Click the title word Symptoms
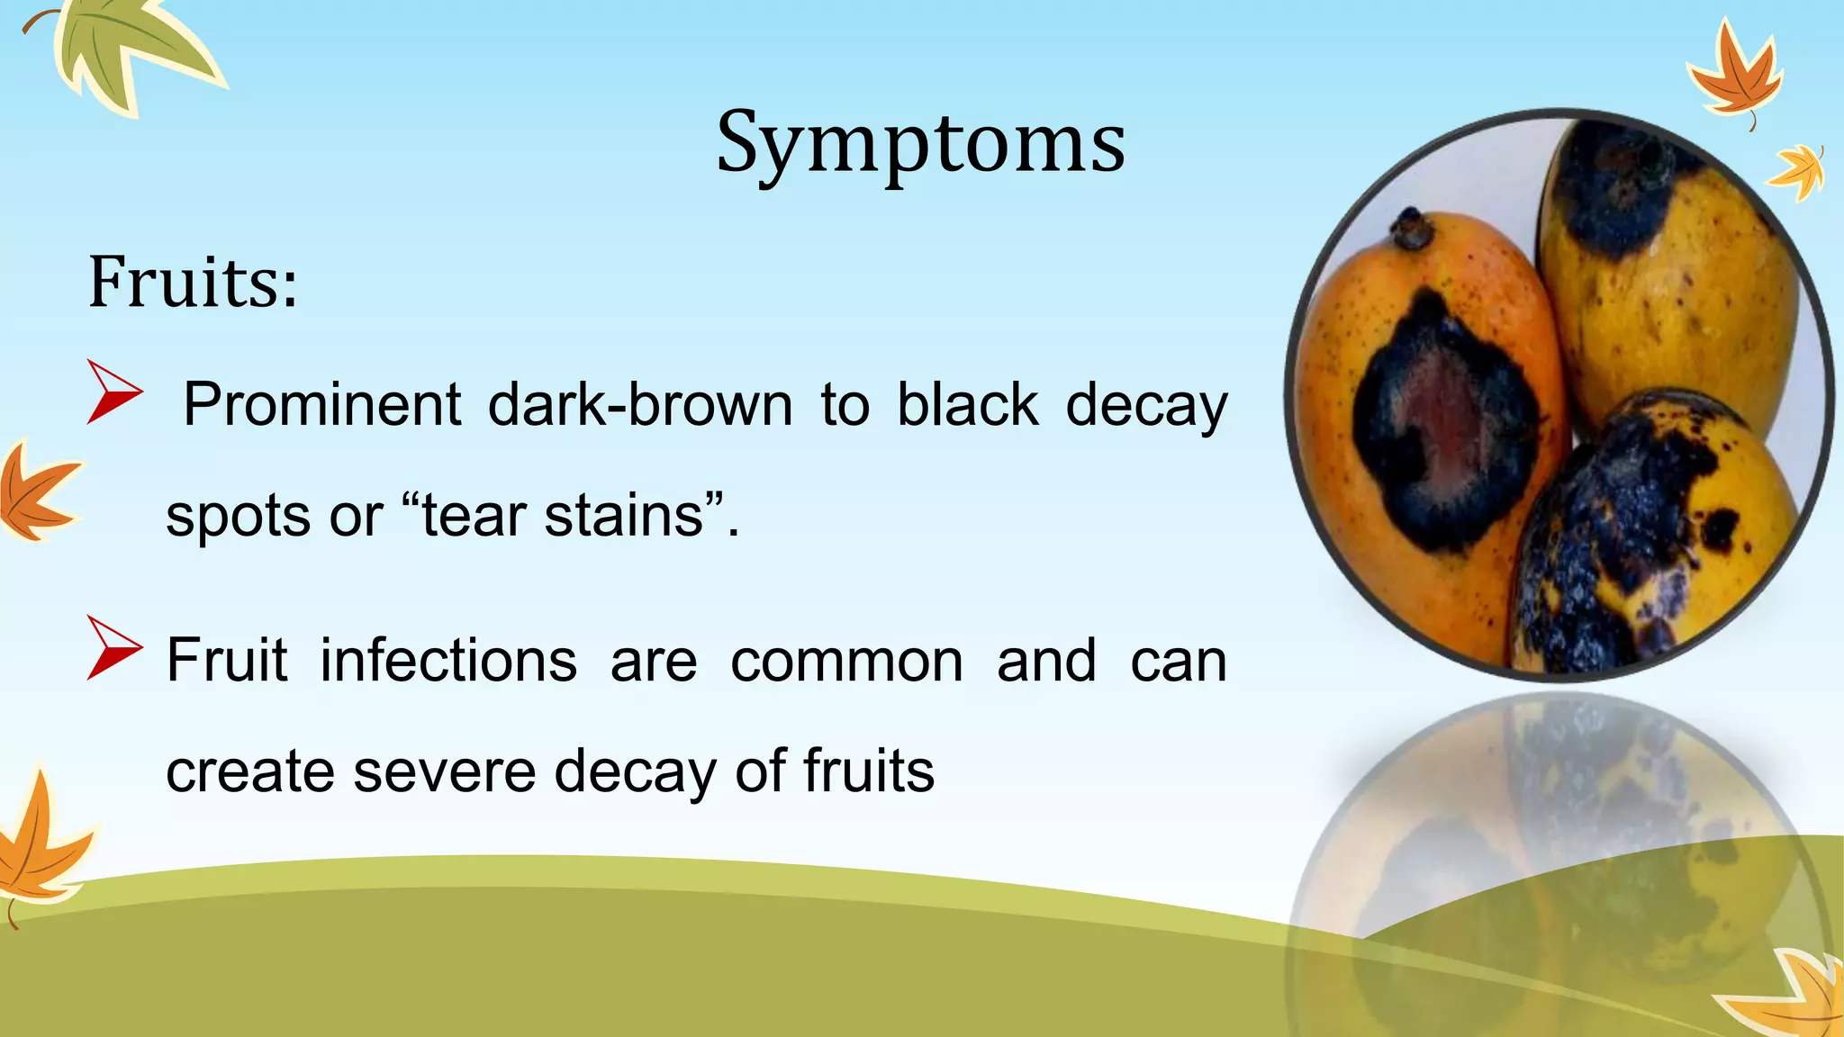920,144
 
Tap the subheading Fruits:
193,283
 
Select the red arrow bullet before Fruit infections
113,647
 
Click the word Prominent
321,404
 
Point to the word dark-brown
640,404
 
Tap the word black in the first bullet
968,404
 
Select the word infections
448,661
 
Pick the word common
846,661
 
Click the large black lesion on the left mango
1441,423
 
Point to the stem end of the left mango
1410,230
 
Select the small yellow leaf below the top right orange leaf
1797,171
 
